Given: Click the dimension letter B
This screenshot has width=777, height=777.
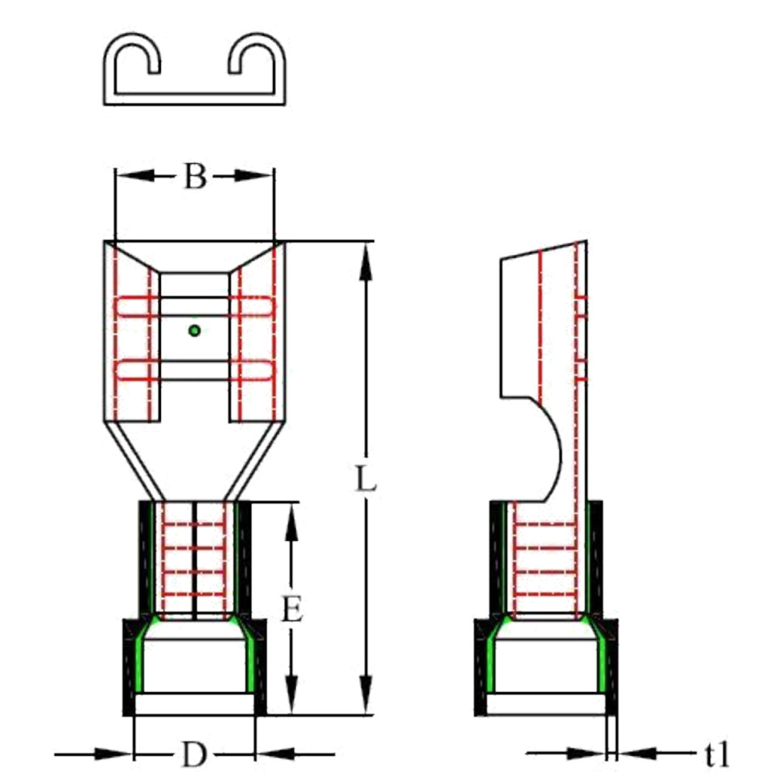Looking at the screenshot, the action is (195, 176).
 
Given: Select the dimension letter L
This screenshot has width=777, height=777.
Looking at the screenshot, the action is (366, 479).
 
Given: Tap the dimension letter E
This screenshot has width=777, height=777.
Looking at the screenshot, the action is (292, 609).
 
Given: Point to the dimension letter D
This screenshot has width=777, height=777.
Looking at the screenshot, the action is (193, 755).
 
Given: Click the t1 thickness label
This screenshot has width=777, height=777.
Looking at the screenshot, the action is (717, 754).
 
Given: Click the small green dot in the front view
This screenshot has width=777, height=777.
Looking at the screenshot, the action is (195, 331).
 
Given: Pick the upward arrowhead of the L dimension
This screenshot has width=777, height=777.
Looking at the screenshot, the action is (366, 263).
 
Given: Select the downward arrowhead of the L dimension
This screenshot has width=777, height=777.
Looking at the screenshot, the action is (366, 695).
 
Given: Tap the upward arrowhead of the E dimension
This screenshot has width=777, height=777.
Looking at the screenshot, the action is (292, 522).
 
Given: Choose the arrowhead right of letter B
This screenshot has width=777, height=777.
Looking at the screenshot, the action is (253, 175).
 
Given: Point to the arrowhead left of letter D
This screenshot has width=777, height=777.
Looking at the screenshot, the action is (114, 754).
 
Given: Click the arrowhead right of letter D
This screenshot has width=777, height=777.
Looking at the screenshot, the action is (275, 754).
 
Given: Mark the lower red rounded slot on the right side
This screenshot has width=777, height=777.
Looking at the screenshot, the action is (252, 370).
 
